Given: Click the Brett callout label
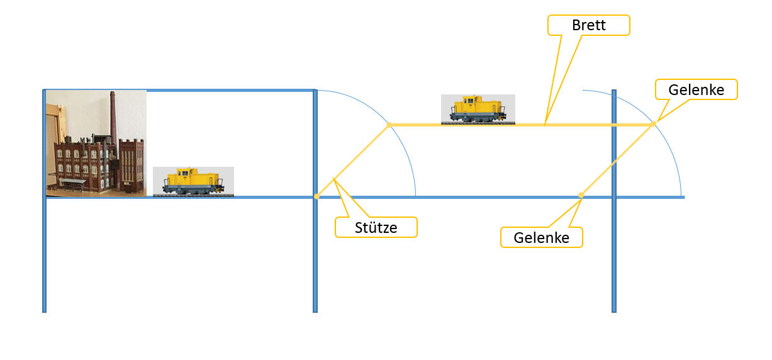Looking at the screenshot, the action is [589, 25].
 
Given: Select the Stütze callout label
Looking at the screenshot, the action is [376, 228].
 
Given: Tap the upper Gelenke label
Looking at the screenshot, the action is [696, 89].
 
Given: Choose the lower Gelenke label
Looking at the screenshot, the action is [542, 237].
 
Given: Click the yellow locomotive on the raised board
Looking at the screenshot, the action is [478, 109].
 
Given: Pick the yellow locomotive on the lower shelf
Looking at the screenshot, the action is [193, 182].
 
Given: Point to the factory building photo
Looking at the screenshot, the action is [96, 143].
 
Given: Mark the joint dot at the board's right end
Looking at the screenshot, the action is [653, 124].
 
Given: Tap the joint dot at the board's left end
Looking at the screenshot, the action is [389, 125].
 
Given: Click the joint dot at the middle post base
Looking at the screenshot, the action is [316, 196].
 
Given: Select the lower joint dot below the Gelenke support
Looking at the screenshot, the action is [581, 196].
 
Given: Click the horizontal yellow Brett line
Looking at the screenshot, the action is [521, 125].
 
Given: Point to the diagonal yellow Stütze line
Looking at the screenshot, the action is [353, 160].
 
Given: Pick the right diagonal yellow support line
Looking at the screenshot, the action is [617, 160].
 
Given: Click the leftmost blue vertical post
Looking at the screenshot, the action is [45, 201].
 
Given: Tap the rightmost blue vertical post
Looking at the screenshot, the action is [614, 201].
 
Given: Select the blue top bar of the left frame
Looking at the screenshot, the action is [179, 91].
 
